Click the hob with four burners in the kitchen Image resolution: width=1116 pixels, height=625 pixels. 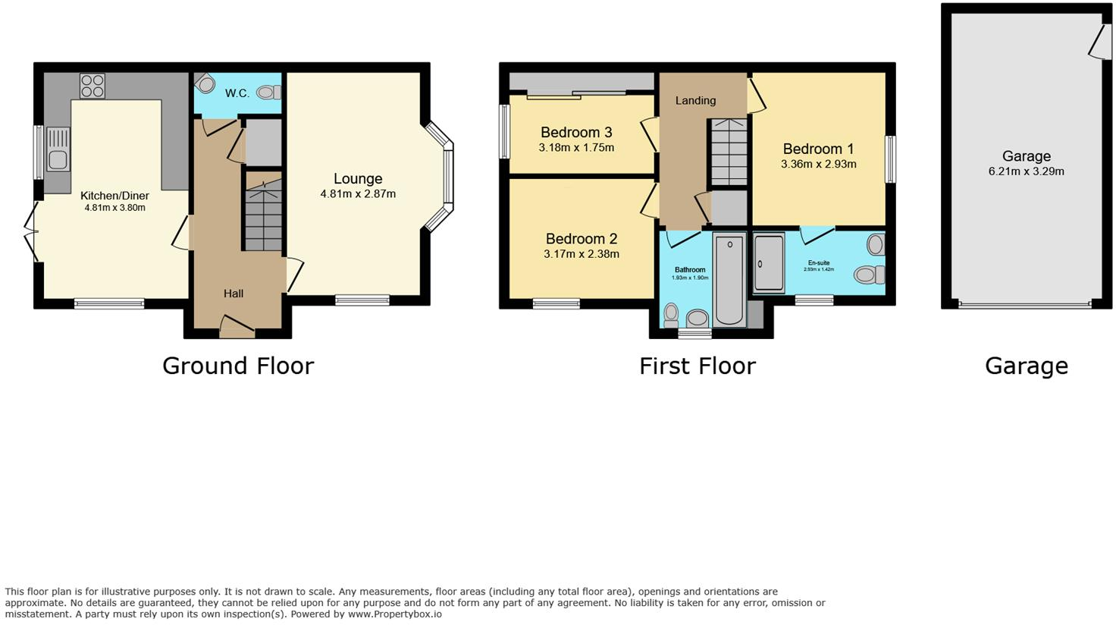pos(92,86)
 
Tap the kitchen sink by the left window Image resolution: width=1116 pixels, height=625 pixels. pos(58,149)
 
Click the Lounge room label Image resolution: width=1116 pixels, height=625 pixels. pos(358,179)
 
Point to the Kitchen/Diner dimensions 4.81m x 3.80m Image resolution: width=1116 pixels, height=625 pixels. pos(114,208)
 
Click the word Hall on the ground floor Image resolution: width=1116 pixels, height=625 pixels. pos(234,294)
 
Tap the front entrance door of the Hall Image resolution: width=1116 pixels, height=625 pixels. pos(237,328)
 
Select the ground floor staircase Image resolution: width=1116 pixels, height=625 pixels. pos(262,212)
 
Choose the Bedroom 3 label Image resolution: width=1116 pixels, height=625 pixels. pos(576,133)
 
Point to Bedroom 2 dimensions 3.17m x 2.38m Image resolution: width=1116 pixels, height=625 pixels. pos(582,254)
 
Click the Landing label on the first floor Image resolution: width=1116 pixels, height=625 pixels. pos(695,100)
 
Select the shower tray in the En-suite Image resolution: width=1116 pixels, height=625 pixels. pos(769,264)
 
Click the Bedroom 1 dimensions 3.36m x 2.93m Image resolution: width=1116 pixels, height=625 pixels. pos(819,164)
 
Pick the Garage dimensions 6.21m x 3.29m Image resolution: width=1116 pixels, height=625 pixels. pos(1026,171)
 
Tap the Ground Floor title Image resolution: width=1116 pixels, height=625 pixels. pos(238,366)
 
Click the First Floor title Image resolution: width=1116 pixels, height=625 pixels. pos(697,366)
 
